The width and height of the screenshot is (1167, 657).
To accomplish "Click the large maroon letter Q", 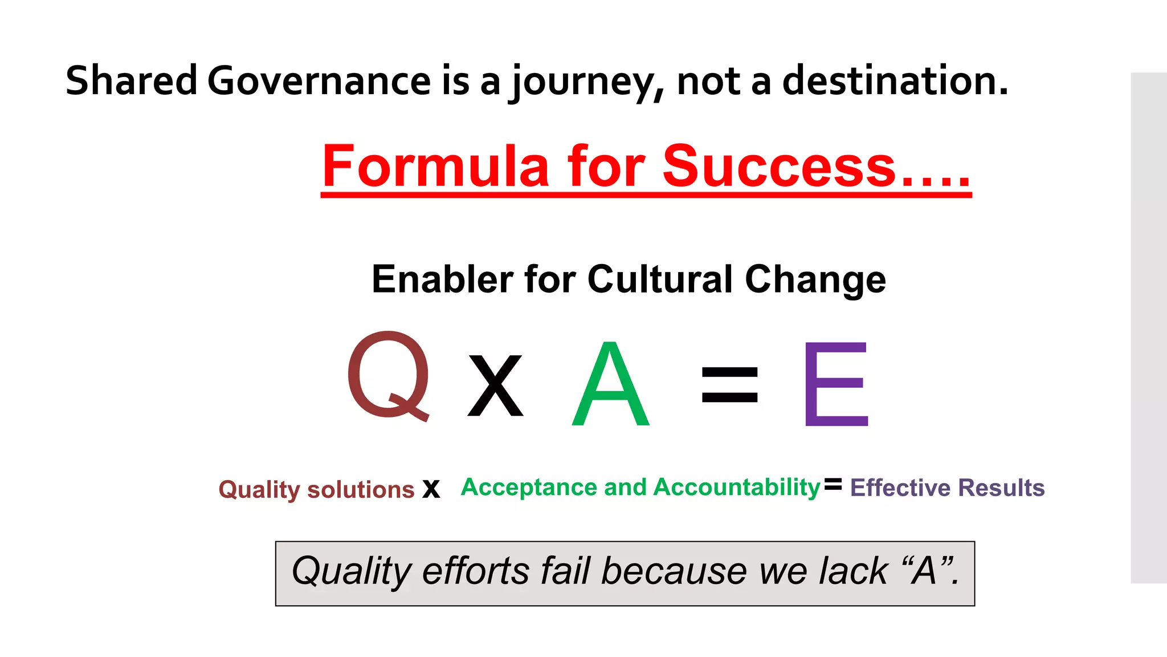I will pyautogui.click(x=389, y=375).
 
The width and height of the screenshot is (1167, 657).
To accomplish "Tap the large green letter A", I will pyautogui.click(x=610, y=385).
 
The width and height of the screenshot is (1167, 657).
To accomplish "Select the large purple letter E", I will pyautogui.click(x=835, y=384).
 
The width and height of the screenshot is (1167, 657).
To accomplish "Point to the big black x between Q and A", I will pyautogui.click(x=495, y=386).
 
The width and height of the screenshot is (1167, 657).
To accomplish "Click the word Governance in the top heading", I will pyautogui.click(x=319, y=80).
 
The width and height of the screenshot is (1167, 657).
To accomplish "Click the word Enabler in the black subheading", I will pyautogui.click(x=442, y=279).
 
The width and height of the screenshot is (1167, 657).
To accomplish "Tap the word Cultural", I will pyautogui.click(x=659, y=279).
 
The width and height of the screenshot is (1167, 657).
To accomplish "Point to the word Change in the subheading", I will pyautogui.click(x=815, y=281).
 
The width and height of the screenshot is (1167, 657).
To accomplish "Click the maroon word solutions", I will pyautogui.click(x=361, y=490).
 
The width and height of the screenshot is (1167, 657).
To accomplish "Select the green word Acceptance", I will pyautogui.click(x=529, y=488).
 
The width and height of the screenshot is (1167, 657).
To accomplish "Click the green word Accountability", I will pyautogui.click(x=737, y=488).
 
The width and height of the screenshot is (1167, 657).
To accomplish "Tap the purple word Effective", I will pyautogui.click(x=900, y=488).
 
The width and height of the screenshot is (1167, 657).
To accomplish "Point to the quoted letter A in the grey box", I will pyautogui.click(x=924, y=571).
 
